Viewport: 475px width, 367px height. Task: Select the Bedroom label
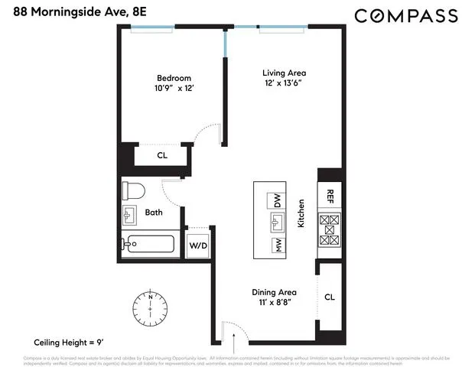coord(174,78)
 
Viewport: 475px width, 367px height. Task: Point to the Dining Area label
coord(274,292)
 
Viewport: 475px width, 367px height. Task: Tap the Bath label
coord(154,213)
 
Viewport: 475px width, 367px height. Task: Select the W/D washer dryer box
coord(198,246)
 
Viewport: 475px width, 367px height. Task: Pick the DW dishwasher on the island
coord(276,202)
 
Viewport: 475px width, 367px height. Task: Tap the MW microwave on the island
coord(276,246)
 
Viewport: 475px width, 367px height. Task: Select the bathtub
coord(151,245)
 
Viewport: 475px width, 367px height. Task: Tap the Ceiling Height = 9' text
coord(68,342)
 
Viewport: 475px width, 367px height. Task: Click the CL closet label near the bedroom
coord(162,156)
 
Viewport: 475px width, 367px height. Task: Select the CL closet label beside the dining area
coord(329,297)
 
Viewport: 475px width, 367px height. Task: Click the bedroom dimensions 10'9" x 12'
coord(174,89)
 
